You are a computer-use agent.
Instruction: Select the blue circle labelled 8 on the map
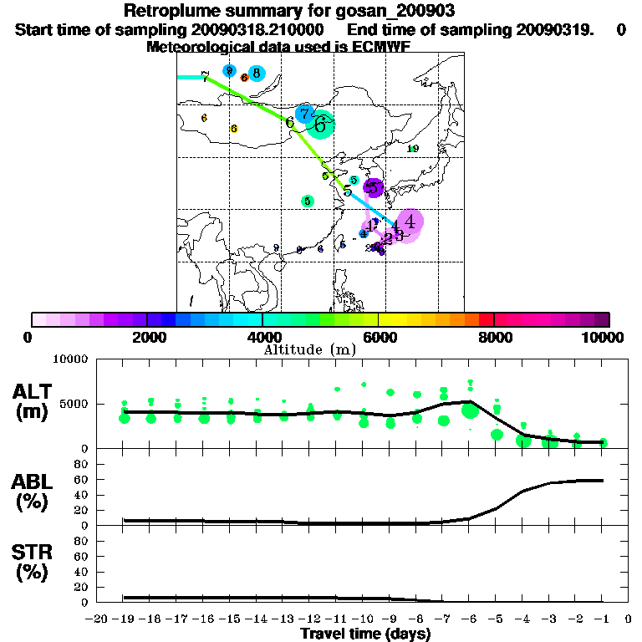pyautogui.click(x=256, y=73)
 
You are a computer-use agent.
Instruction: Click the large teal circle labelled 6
pyautogui.click(x=320, y=125)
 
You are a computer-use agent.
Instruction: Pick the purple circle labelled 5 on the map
pyautogui.click(x=373, y=188)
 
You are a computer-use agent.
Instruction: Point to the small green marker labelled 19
pyautogui.click(x=413, y=149)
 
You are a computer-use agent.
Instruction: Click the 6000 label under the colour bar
pyautogui.click(x=378, y=337)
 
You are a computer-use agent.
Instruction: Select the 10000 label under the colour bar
pyautogui.click(x=603, y=337)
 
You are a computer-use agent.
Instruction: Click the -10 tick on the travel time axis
pyautogui.click(x=364, y=619)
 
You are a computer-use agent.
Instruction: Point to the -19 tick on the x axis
pyautogui.click(x=124, y=619)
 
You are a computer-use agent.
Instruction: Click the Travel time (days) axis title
pyautogui.click(x=365, y=634)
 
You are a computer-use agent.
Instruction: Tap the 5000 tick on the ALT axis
pyautogui.click(x=75, y=405)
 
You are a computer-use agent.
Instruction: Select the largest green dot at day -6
pyautogui.click(x=470, y=410)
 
